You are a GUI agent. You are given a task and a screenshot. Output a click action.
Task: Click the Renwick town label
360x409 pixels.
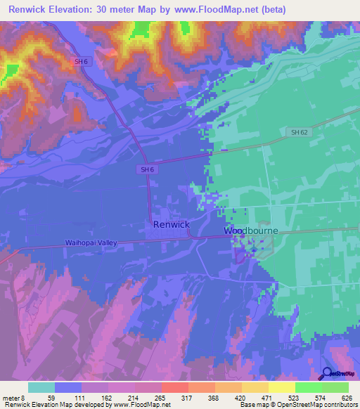[x=171, y=225]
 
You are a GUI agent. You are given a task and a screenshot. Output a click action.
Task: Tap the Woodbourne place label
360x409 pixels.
[x=251, y=231]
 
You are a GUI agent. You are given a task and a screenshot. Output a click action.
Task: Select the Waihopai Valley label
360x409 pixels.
[x=91, y=242]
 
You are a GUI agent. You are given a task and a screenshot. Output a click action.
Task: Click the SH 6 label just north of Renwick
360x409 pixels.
[x=146, y=169]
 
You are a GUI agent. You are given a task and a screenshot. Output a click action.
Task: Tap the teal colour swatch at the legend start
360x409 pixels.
[x=41, y=387]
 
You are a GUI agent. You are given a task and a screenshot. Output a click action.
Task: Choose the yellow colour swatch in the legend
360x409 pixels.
[x=282, y=387]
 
